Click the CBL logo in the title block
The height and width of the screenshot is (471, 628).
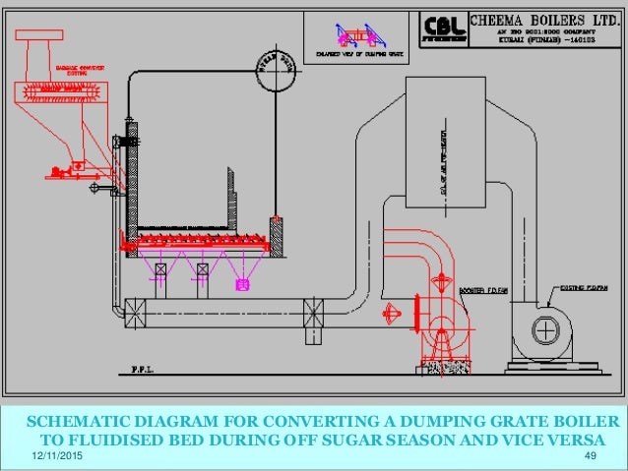coord(443,27)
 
